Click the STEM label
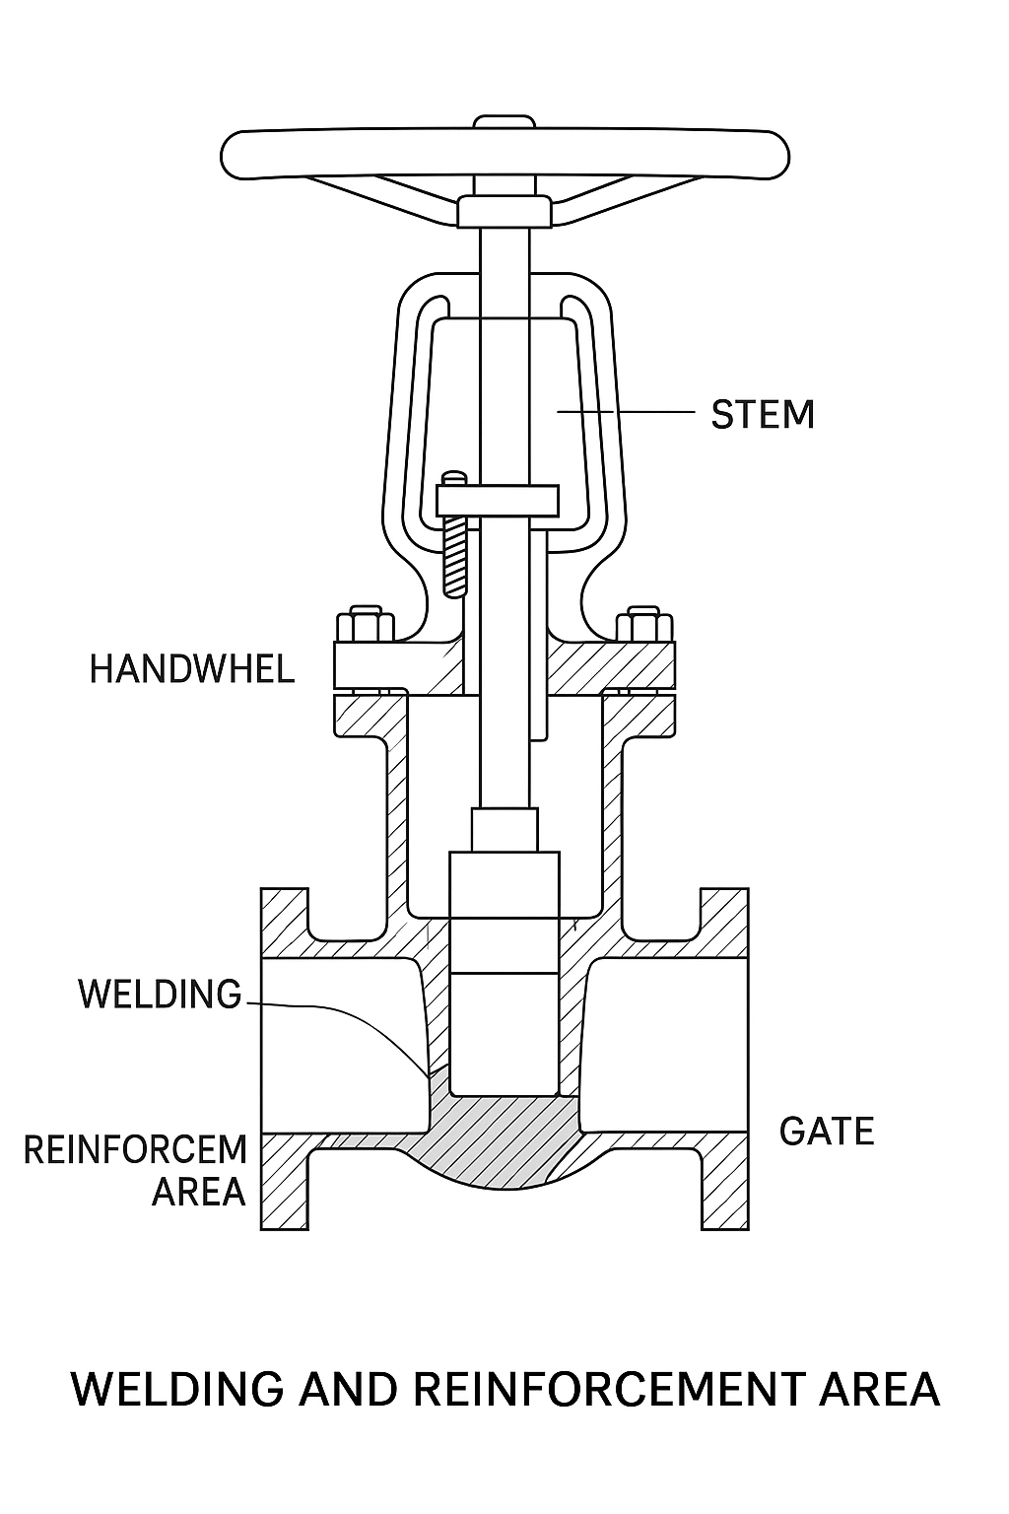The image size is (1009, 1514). [x=763, y=414]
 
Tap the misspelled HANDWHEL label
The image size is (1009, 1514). [x=192, y=670]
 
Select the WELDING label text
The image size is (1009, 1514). [x=160, y=994]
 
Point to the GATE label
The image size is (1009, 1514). [x=827, y=1132]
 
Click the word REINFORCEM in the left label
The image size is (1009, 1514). [x=135, y=1150]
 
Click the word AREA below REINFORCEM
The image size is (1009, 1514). [x=198, y=1193]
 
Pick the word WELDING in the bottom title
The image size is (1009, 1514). [x=177, y=1389]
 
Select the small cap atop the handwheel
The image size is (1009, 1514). [x=504, y=122]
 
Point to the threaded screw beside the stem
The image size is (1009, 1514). [x=454, y=557]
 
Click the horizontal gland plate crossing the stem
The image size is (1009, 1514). [x=499, y=499]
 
